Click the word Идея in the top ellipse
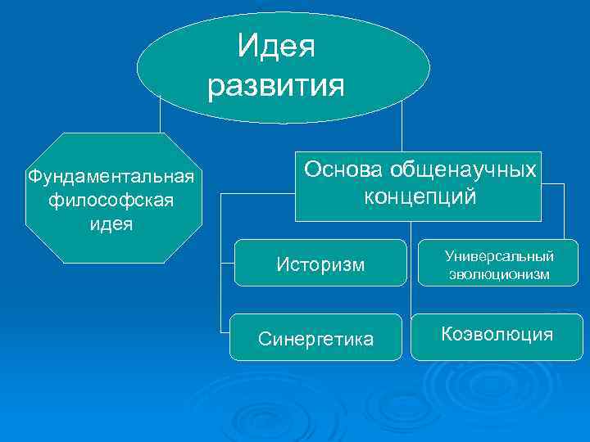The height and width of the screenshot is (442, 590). coord(276,47)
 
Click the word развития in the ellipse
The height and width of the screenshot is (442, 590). coord(276,85)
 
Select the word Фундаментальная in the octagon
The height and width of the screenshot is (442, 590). coord(110,176)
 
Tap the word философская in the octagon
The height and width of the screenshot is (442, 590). coord(110,200)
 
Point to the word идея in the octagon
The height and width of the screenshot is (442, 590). coord(111,223)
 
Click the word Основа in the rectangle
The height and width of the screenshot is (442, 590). coord(343,169)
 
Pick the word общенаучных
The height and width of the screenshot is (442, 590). coord(463,169)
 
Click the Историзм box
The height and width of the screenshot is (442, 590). coord(320,264)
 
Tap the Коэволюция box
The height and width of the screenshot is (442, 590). coord(497,335)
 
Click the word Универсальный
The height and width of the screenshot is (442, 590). coord(499,256)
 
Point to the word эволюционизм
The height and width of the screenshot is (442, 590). coord(499,275)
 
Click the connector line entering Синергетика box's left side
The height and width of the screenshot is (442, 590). coord(224,331)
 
